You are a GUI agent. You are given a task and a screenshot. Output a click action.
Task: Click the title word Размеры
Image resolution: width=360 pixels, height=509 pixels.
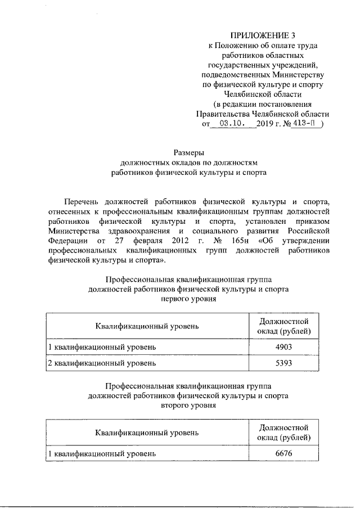pyautogui.click(x=188, y=152)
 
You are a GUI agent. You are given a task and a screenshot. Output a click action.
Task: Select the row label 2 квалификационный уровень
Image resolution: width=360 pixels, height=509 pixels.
pyautogui.click(x=102, y=363)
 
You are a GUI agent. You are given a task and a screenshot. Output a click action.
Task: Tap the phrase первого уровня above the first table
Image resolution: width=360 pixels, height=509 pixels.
pyautogui.click(x=188, y=299)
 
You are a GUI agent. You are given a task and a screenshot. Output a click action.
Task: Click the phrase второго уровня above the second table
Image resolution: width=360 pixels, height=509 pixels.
pyautogui.click(x=188, y=406)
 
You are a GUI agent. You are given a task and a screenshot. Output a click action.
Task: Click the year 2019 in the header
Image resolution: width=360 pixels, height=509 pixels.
pyautogui.click(x=264, y=123)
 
